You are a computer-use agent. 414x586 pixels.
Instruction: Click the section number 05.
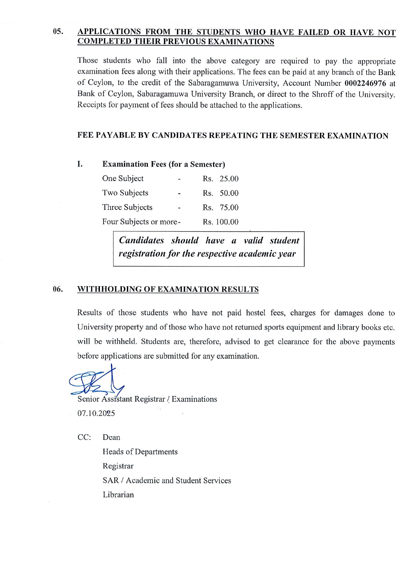click(58, 32)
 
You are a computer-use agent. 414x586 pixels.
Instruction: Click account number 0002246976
click(365, 83)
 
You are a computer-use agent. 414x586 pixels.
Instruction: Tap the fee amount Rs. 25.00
click(221, 179)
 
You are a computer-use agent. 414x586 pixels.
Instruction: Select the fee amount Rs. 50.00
click(221, 193)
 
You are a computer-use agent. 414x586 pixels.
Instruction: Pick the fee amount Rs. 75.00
click(221, 207)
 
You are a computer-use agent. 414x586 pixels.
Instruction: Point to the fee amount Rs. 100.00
click(221, 222)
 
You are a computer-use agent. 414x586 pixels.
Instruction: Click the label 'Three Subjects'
click(127, 207)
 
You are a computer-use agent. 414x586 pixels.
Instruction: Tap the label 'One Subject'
click(123, 179)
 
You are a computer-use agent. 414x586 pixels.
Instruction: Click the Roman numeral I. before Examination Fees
click(80, 164)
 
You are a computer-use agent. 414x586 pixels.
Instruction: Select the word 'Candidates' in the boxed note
click(142, 240)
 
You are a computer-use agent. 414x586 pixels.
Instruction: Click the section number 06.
click(58, 289)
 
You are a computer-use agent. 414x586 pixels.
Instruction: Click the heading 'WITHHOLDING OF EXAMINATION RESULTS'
click(168, 289)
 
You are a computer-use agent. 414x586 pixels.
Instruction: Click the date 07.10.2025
click(96, 413)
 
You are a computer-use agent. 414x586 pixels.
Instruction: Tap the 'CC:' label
click(84, 437)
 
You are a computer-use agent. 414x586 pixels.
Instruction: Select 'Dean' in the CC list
click(112, 437)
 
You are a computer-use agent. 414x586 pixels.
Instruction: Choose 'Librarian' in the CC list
click(118, 495)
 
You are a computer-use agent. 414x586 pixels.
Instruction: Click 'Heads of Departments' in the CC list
click(140, 452)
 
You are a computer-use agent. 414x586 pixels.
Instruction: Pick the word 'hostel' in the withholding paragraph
click(256, 313)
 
